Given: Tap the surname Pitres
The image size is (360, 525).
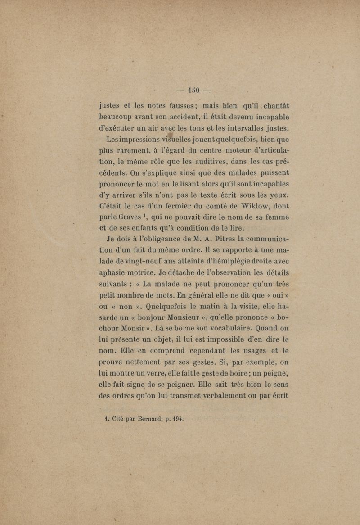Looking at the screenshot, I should (216, 246).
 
